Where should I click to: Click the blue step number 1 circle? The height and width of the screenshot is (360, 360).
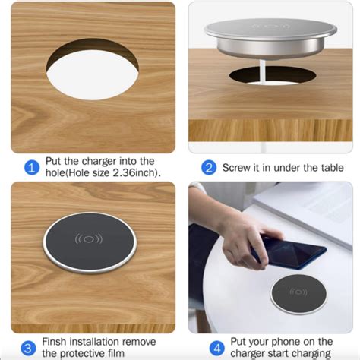click(x=31, y=168)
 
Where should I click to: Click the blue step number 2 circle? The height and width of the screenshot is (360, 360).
click(x=208, y=168)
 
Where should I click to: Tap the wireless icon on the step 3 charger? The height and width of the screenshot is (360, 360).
click(x=90, y=240)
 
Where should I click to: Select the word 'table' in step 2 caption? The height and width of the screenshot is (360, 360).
click(x=328, y=168)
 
